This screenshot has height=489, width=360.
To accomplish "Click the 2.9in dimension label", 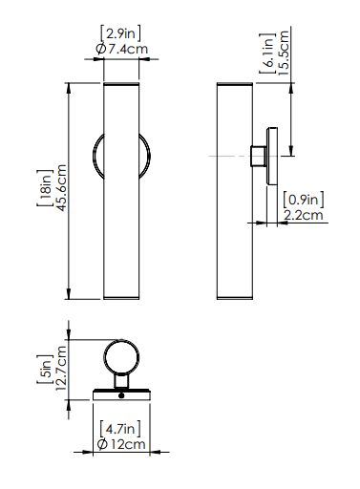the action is pos(120,33).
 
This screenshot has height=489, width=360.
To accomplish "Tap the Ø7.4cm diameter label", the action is pos(122,49).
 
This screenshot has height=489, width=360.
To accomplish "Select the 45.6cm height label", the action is pos(61,187).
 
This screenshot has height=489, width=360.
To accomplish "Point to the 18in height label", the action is pos(45,188).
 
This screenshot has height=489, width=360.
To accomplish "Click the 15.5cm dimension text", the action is pos(283,53).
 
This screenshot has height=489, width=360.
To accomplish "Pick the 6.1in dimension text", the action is pos(267,53).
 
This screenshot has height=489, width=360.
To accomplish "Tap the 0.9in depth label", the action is pos(304,200).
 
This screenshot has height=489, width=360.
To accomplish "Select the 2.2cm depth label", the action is pos(304,215).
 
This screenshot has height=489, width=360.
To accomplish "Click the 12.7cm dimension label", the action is pos(61,369).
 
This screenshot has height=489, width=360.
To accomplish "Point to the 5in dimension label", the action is pos(45,370).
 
